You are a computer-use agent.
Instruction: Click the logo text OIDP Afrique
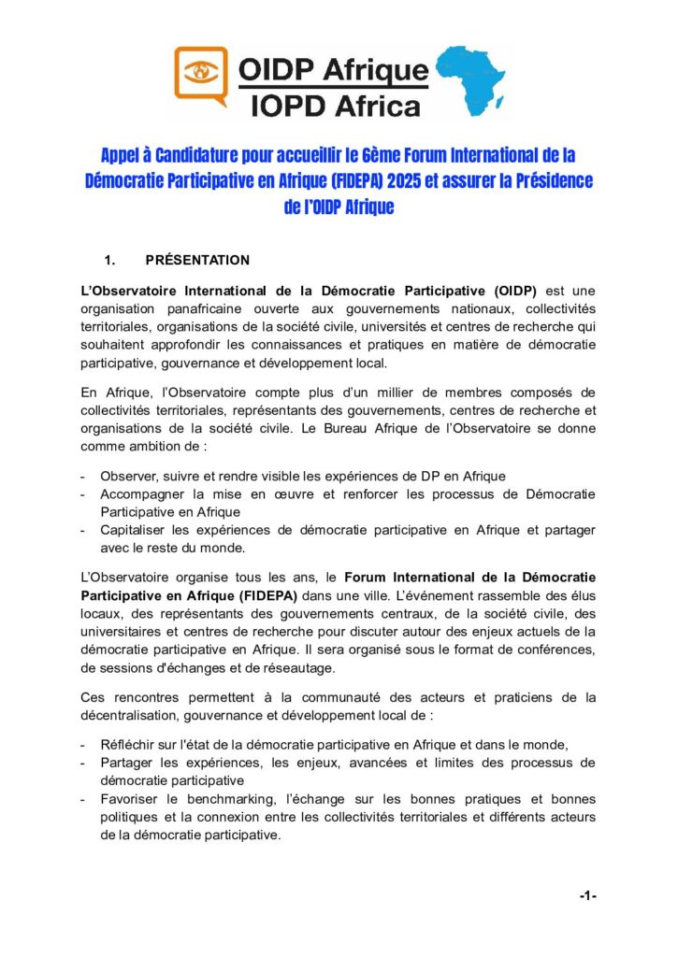332,69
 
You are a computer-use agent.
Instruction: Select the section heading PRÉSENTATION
197,259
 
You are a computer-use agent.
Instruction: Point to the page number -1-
587,896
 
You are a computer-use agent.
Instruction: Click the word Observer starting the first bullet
128,477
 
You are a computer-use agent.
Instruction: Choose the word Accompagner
145,494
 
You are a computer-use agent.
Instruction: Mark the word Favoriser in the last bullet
131,800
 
